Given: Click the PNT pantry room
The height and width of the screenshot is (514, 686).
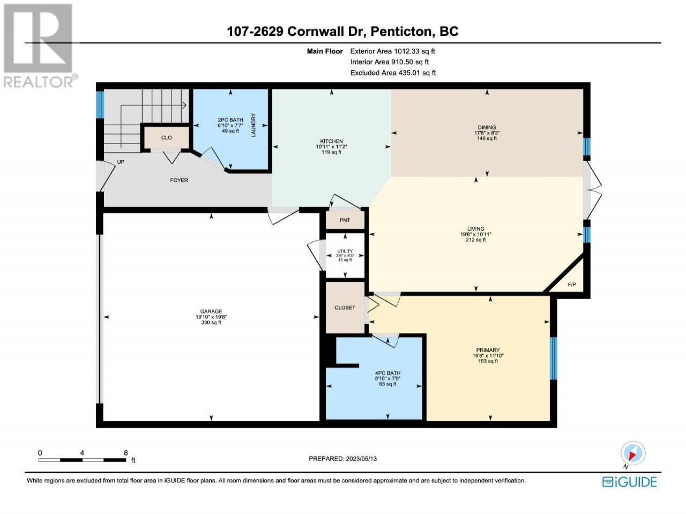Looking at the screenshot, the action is (x=345, y=220).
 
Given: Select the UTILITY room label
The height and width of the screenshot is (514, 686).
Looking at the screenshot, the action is (x=345, y=251).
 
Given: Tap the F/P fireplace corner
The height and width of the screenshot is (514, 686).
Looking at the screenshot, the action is (x=571, y=284).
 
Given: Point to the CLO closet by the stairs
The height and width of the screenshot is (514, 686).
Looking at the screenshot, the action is (x=166, y=138).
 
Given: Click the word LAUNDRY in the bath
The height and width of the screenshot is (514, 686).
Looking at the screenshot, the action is (x=253, y=125).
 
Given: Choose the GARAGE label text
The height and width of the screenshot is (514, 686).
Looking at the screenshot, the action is (x=211, y=311).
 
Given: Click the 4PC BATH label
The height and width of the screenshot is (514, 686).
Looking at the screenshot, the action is (x=387, y=373).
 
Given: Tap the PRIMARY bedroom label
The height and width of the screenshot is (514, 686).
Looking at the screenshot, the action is (x=488, y=350).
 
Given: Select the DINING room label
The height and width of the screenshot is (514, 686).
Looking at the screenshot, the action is (x=487, y=127).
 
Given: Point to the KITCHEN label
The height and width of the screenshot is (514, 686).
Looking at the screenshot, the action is (x=331, y=141).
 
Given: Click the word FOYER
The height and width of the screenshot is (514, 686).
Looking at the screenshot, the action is (x=179, y=180).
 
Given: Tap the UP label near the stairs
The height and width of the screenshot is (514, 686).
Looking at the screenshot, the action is (x=121, y=162).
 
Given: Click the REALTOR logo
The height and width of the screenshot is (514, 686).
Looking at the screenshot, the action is (x=39, y=46).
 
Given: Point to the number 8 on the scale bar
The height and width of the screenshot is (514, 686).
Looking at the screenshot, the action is (x=125, y=453).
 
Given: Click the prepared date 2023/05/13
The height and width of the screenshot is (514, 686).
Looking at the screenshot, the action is (x=361, y=458).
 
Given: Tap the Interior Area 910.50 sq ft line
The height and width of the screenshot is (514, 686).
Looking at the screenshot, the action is (x=390, y=62).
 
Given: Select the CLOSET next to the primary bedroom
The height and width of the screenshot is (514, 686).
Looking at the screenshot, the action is (x=345, y=307).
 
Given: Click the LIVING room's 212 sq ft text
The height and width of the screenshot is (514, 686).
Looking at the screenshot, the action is (x=476, y=240).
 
